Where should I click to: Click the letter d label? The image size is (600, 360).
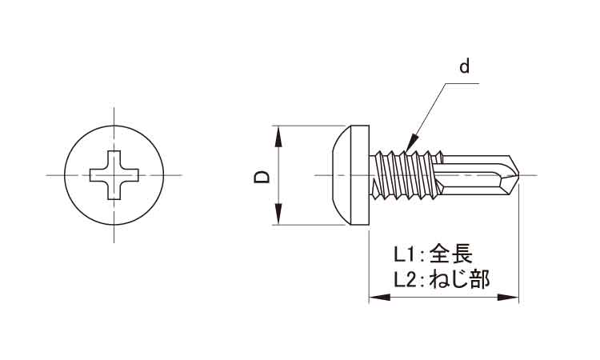(x=465, y=66)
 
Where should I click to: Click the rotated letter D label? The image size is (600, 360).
(x=262, y=177)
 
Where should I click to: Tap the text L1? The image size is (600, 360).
(x=405, y=254)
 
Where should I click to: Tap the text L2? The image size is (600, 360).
(x=406, y=280)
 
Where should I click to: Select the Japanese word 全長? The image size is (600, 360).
(x=450, y=254)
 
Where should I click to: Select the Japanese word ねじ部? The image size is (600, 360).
(x=459, y=279)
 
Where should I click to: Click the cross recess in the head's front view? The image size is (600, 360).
(x=114, y=175)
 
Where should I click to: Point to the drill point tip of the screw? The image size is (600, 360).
(x=518, y=175)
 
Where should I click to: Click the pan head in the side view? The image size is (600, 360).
(x=351, y=175)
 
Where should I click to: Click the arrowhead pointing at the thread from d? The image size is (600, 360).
(x=411, y=142)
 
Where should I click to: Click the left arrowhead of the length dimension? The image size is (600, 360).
(x=379, y=298)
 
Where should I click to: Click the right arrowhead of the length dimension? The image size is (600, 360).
(x=508, y=298)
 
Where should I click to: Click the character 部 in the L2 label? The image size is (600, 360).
(x=480, y=279)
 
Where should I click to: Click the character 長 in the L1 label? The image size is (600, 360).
(x=462, y=254)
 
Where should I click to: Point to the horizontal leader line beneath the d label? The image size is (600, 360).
(x=462, y=83)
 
